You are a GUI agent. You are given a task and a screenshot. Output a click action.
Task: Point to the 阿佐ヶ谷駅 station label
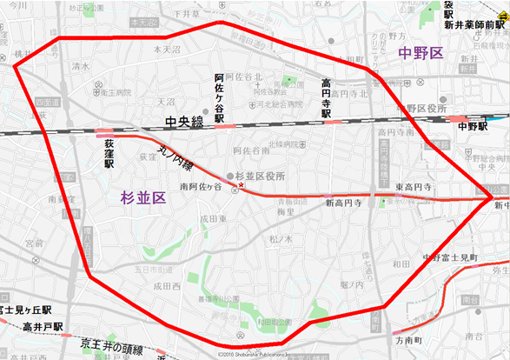pyautogui.click(x=220, y=97)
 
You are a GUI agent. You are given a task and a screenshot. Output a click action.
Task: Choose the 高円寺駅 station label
pyautogui.click(x=327, y=97)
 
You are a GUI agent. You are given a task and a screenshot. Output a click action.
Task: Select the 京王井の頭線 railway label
pyautogui.click(x=105, y=344)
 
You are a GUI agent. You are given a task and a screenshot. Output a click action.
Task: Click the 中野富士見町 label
pyautogui.click(x=451, y=257)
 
